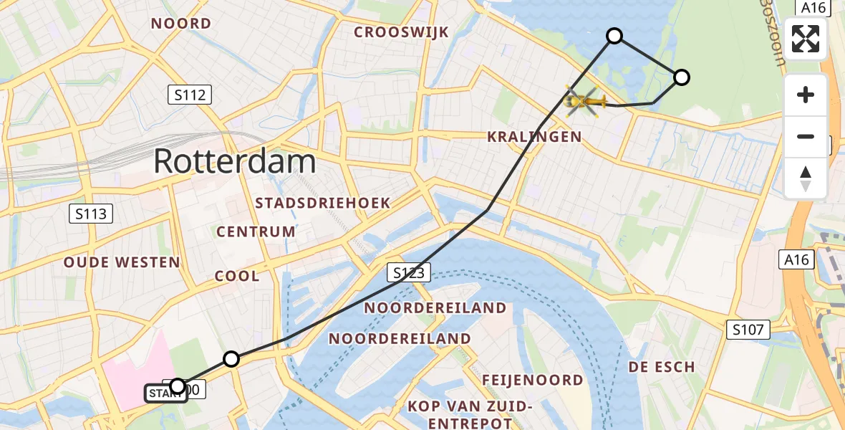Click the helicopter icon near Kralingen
(586, 102)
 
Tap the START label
(165, 393)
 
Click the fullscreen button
(806, 39)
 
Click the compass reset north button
(806, 178)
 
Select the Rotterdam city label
(235, 162)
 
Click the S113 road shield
(90, 213)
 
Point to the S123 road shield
(410, 272)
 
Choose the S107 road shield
(748, 330)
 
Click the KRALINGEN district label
(534, 137)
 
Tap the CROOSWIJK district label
(401, 32)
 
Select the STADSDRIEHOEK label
(323, 203)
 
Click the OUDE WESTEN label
(122, 262)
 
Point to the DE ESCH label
(662, 367)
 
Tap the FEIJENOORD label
(532, 380)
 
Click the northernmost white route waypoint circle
(614, 35)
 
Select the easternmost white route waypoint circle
(682, 77)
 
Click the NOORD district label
(180, 24)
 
